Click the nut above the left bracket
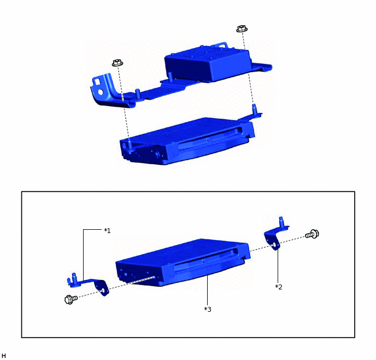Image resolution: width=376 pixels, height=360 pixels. point(116,63)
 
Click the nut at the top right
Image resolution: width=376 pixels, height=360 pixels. point(240,28)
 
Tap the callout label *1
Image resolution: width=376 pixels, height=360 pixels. point(107,231)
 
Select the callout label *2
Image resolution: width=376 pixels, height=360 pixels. point(279,286)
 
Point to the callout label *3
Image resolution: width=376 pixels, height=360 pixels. point(208,309)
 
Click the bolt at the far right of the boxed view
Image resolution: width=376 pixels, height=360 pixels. point(313,234)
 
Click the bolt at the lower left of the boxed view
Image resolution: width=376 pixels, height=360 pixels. point(69,299)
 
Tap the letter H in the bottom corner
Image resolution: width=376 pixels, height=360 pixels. point(4,356)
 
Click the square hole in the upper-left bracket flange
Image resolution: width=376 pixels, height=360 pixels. point(98,81)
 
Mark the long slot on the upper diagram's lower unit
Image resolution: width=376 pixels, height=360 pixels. point(210,139)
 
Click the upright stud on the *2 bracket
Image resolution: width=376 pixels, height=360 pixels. point(280,220)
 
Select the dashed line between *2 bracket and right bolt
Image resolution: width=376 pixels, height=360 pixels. point(292,239)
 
